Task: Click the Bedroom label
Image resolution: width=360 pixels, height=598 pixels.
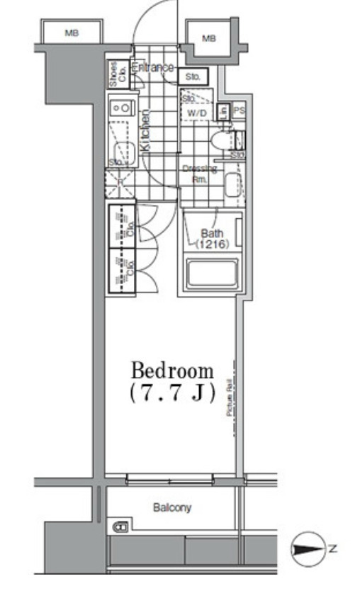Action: point(172,370)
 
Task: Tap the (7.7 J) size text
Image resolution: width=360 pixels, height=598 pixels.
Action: point(172,393)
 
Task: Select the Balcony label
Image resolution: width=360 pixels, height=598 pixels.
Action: point(172,508)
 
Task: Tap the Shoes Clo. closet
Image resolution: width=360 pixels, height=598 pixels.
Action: point(114,74)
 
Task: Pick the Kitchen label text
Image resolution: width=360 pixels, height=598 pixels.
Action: point(145,130)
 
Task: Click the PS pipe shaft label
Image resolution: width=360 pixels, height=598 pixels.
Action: point(239,111)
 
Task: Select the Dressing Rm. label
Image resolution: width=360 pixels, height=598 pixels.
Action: point(199,174)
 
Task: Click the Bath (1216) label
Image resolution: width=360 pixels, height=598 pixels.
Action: point(211,238)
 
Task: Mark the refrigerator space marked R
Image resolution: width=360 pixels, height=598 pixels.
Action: point(121,181)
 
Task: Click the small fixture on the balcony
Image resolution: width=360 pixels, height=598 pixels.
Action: point(121,526)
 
